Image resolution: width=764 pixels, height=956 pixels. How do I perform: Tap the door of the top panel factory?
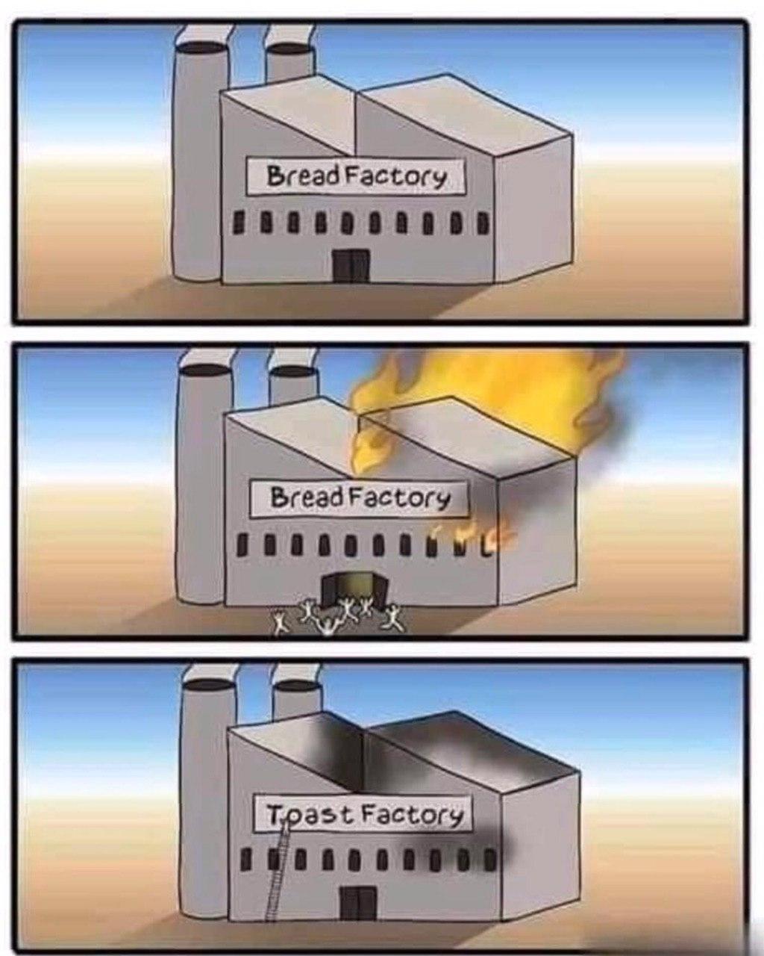point(350,266)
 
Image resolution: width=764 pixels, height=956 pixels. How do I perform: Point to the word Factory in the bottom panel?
point(412,814)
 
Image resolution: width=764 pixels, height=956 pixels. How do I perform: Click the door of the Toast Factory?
point(358,904)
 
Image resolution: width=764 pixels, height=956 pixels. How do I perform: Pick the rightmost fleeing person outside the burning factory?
point(392,617)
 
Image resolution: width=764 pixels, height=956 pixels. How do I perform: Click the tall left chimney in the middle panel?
point(201,485)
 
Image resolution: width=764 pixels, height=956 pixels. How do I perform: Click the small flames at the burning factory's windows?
point(466,535)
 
